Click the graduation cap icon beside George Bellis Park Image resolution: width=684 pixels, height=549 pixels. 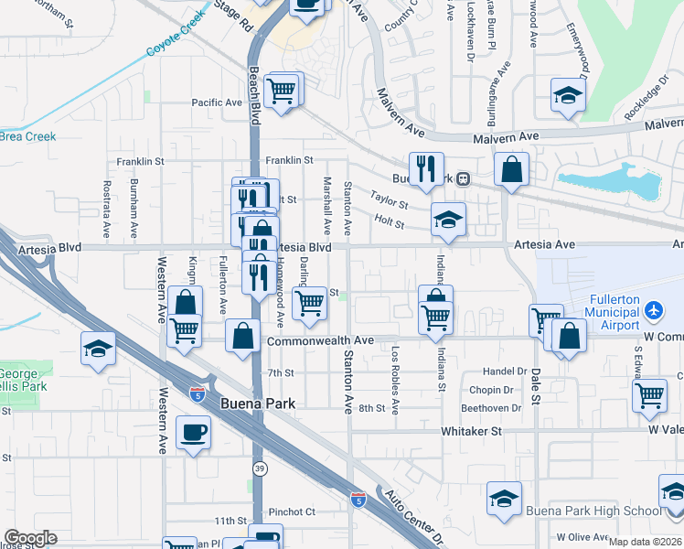click(x=98, y=348)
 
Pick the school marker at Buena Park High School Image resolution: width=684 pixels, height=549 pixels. click(x=504, y=498)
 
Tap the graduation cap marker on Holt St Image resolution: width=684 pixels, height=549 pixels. click(x=448, y=219)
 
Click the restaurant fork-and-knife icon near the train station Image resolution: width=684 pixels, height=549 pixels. click(x=426, y=168)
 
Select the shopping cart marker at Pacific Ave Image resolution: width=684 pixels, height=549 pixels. click(x=283, y=91)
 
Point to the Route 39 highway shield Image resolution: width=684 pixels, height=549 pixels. click(x=261, y=468)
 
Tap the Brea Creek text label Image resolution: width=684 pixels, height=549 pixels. click(x=27, y=136)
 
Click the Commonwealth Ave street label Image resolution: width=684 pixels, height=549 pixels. click(x=320, y=340)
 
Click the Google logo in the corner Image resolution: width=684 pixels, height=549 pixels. click(x=30, y=538)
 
